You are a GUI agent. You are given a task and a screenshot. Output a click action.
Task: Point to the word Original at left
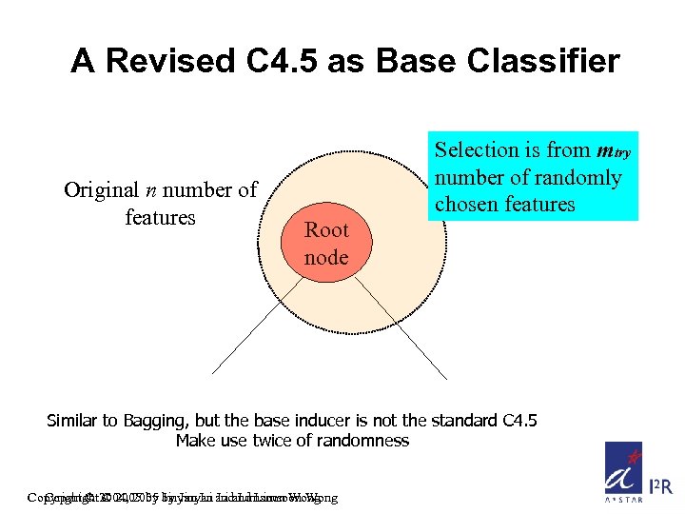point(102,189)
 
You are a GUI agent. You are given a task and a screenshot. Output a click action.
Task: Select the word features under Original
point(160,217)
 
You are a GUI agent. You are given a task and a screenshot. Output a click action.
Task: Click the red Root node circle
point(326,243)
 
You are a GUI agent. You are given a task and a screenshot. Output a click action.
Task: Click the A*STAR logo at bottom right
point(624,470)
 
